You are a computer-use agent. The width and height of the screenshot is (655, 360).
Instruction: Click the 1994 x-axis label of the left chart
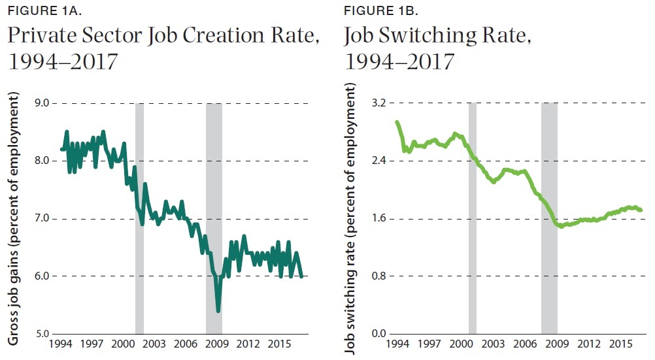point(61,344)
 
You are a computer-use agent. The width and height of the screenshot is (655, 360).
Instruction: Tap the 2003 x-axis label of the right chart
point(493,344)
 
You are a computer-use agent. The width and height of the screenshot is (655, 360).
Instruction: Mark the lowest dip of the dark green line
point(218,310)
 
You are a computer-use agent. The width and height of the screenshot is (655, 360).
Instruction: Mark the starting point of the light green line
point(397,122)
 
